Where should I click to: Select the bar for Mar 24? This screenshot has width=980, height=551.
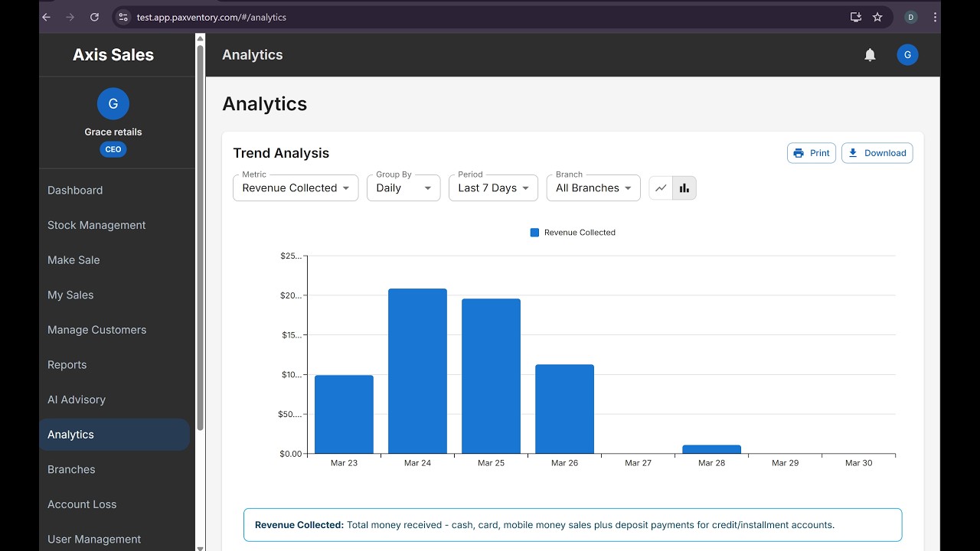pyautogui.click(x=417, y=371)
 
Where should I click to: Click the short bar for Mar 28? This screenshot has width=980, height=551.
pyautogui.click(x=711, y=449)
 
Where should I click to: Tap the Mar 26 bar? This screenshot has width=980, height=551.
pyautogui.click(x=564, y=409)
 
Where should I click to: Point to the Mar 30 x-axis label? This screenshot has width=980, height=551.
pyautogui.click(x=858, y=463)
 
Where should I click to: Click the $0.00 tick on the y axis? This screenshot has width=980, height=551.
pyautogui.click(x=291, y=454)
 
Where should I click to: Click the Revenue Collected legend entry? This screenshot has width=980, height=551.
pyautogui.click(x=572, y=232)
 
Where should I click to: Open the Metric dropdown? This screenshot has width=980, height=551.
pyautogui.click(x=296, y=188)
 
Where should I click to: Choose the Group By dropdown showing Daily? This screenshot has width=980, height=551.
pyautogui.click(x=403, y=188)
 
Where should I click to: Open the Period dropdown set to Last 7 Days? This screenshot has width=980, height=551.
pyautogui.click(x=493, y=188)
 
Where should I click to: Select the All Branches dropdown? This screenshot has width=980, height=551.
pyautogui.click(x=593, y=188)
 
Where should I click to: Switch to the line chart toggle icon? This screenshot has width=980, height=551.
pyautogui.click(x=661, y=188)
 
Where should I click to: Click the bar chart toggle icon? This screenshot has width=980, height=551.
pyautogui.click(x=684, y=188)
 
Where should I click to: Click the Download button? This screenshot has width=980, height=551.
pyautogui.click(x=877, y=153)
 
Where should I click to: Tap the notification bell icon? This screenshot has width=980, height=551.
pyautogui.click(x=870, y=54)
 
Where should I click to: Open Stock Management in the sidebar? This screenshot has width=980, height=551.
pyautogui.click(x=96, y=225)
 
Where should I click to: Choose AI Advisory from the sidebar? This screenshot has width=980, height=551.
pyautogui.click(x=77, y=399)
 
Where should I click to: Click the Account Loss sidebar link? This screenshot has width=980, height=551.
pyautogui.click(x=82, y=504)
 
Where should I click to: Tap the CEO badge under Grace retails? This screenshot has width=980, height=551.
pyautogui.click(x=113, y=149)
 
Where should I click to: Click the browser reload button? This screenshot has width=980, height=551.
pyautogui.click(x=94, y=17)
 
